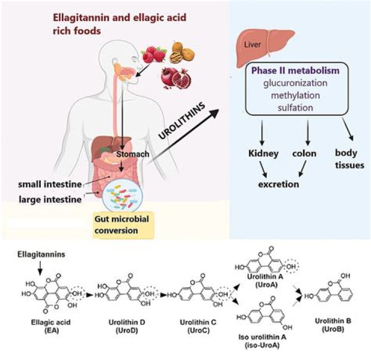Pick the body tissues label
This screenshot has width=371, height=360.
[350, 159]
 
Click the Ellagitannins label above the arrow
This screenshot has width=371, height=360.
[36, 255]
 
